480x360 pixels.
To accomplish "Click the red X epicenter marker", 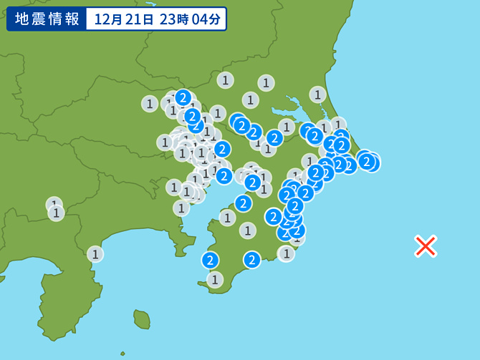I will (426, 246).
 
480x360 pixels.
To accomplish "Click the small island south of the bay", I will (143, 317).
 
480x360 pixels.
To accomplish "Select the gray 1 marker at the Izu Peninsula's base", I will (95, 253).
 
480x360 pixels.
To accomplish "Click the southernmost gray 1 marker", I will (215, 279).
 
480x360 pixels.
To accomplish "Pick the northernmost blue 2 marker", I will (183, 97).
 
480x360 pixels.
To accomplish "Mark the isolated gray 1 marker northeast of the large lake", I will (318, 94).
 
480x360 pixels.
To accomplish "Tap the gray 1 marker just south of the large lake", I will (287, 127).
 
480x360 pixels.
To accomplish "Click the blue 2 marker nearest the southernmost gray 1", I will (211, 260).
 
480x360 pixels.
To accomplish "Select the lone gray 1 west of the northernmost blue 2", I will (149, 104).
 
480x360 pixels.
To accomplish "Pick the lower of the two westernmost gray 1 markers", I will (56, 213).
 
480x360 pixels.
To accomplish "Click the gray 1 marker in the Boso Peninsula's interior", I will (248, 230).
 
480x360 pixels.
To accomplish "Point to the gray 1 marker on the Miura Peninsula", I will (181, 208).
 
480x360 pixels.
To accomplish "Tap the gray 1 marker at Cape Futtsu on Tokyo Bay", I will (227, 217).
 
